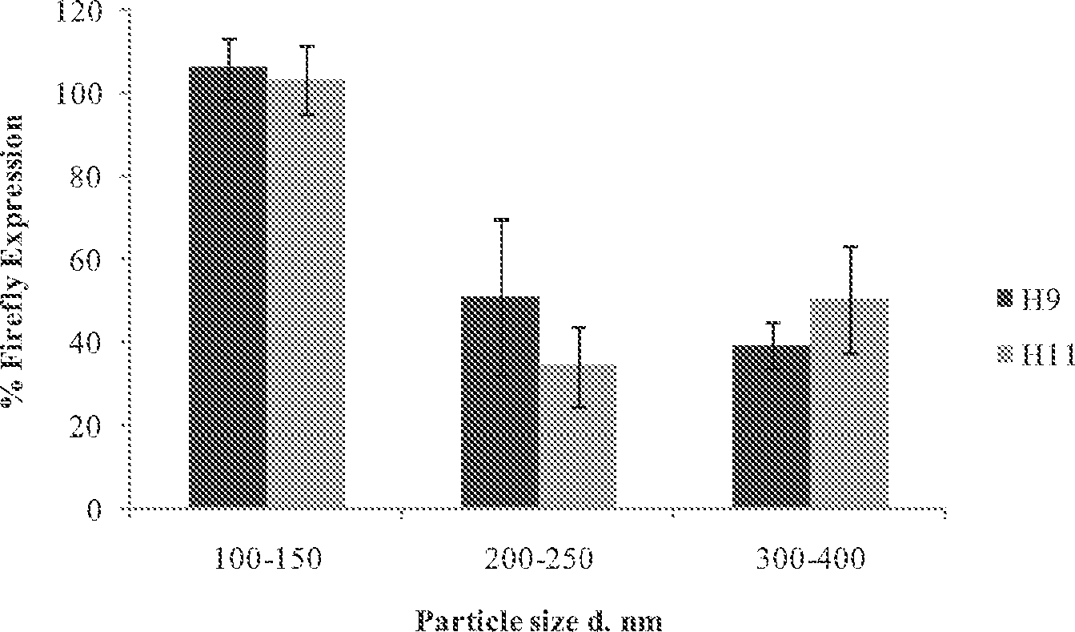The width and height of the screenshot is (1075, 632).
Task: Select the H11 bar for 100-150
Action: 306,293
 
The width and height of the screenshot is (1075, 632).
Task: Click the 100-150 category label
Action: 267,558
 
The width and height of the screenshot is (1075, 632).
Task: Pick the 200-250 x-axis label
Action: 539,558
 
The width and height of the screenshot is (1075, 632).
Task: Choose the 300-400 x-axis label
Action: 810,558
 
